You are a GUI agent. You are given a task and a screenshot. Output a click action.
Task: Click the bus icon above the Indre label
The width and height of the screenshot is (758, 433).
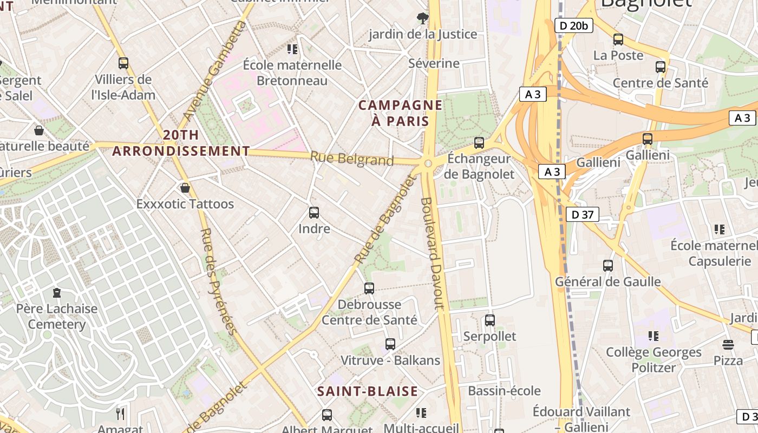[314, 213]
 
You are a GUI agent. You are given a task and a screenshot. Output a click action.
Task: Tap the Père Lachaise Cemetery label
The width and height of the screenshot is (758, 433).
[57, 317]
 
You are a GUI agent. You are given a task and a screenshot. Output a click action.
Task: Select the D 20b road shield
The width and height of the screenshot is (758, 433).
[574, 25]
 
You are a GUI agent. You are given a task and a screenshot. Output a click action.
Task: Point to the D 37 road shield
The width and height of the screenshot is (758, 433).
[583, 215]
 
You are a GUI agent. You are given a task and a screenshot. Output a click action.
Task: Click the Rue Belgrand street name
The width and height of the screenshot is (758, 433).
[352, 159]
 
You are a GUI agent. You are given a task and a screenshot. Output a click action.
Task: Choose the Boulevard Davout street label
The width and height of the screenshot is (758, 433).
[432, 253]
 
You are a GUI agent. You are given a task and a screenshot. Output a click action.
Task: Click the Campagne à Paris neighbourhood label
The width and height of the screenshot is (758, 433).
[401, 113]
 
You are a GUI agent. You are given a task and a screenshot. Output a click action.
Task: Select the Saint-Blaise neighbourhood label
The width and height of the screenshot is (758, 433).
[368, 391]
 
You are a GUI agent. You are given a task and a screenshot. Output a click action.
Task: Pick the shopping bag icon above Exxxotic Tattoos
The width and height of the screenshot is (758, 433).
[185, 188]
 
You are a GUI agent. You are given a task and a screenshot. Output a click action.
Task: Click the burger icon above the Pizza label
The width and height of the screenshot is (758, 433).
[728, 345]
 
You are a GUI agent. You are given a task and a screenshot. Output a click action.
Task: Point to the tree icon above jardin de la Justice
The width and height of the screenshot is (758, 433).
[423, 19]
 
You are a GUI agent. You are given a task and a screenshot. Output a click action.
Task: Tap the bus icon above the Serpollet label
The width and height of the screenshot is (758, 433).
[490, 320]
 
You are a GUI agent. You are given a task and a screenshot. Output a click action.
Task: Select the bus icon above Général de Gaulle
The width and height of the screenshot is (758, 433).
[608, 266]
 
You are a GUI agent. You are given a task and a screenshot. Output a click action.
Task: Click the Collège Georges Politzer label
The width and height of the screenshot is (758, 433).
[654, 360]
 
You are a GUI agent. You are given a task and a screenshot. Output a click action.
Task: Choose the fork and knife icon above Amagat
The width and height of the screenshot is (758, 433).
[120, 414]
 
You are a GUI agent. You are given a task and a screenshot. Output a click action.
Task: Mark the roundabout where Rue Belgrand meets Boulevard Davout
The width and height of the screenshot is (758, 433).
[428, 163]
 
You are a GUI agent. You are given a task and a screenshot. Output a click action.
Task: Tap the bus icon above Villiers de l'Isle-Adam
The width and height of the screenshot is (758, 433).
[123, 63]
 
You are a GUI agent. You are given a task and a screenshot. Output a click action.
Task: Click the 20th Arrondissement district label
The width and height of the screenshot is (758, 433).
[181, 143]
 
